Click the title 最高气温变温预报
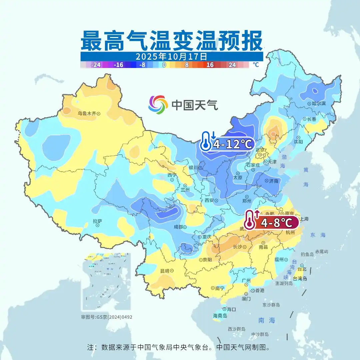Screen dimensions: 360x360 [x=171, y=40]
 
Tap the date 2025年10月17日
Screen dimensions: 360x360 [x=171, y=56]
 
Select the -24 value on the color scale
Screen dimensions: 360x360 [x=96, y=65]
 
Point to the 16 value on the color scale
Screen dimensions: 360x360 [x=210, y=65]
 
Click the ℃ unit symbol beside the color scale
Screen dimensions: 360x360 [x=256, y=65]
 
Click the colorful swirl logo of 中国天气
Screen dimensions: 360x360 [x=158, y=105]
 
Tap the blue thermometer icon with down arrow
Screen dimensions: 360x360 [x=207, y=142]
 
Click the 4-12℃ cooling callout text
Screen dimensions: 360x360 [x=233, y=144]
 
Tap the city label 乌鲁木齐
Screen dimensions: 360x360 [x=87, y=114]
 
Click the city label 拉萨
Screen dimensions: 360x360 [x=97, y=221]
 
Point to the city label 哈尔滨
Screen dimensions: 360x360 [x=318, y=104]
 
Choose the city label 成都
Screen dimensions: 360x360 [x=178, y=227]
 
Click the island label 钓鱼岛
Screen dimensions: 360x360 [x=307, y=254]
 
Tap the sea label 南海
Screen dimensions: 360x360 [x=267, y=320]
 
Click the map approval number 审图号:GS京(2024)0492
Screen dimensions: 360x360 [x=107, y=317]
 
